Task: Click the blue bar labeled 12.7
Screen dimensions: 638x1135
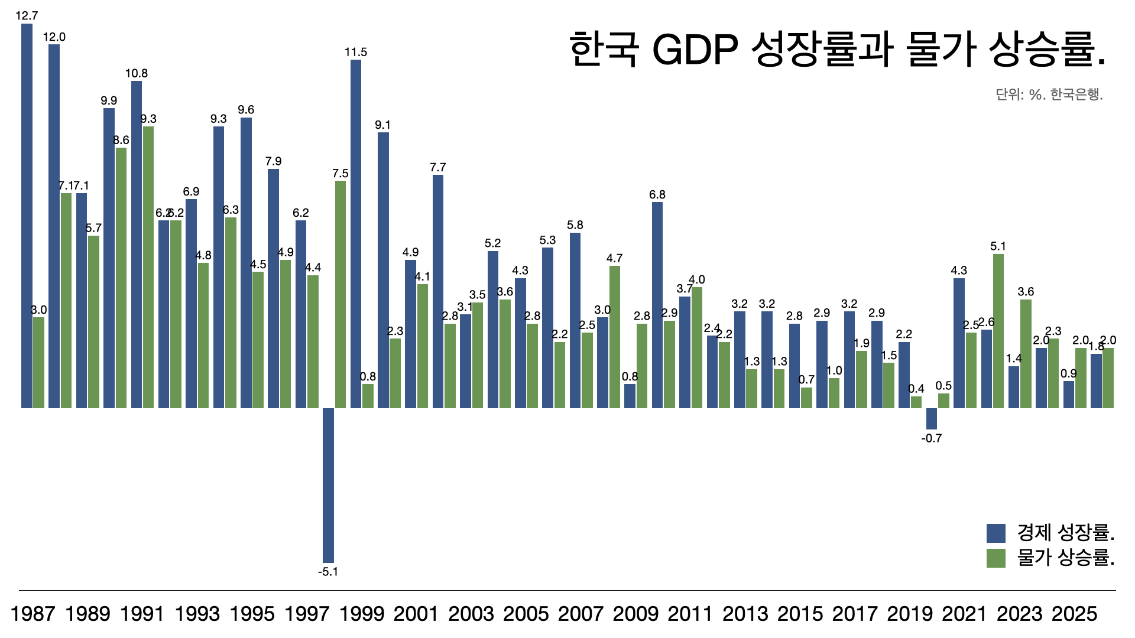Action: (x=27, y=216)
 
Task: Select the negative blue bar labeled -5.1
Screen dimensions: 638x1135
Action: (x=328, y=485)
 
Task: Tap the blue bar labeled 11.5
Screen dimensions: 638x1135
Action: (x=356, y=234)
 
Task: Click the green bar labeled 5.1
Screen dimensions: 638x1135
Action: (x=998, y=331)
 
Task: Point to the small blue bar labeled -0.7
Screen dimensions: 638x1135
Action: (x=932, y=418)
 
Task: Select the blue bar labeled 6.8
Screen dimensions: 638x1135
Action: (x=657, y=305)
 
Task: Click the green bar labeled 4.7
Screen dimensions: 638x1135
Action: (x=615, y=337)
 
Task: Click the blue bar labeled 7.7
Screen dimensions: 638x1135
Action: (x=438, y=291)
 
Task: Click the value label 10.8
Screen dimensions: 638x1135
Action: (x=137, y=73)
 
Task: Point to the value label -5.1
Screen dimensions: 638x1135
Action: (x=328, y=572)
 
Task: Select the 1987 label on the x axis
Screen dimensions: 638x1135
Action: (x=33, y=614)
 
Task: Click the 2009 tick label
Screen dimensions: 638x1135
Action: (x=635, y=614)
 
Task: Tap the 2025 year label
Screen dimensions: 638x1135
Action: (x=1074, y=614)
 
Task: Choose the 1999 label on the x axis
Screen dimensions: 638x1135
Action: (x=361, y=614)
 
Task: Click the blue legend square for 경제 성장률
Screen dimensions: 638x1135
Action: (x=996, y=533)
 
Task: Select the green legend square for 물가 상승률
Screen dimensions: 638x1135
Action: (x=996, y=558)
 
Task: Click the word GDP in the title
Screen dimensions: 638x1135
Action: (x=695, y=50)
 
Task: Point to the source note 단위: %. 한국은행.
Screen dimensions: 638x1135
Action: (x=1049, y=95)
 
